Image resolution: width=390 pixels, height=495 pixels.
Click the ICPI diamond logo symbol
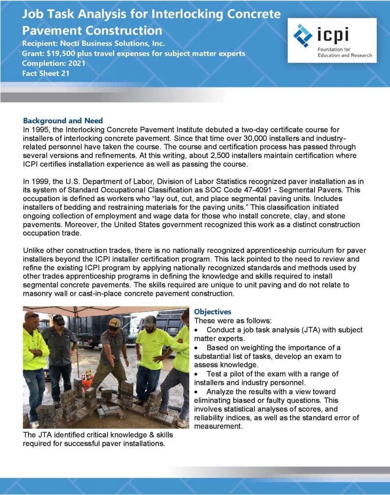pyautogui.click(x=303, y=35)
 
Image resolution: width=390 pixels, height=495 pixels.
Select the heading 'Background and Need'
pyautogui.click(x=63, y=120)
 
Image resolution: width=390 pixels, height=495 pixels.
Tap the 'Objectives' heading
pyautogui.click(x=212, y=312)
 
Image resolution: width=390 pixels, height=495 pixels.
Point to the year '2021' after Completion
pyautogui.click(x=78, y=63)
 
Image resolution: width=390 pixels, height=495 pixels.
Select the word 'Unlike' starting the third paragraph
pyautogui.click(x=34, y=250)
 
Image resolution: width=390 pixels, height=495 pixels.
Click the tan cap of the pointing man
pyautogui.click(x=114, y=322)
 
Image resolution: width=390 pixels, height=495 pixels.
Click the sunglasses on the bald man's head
pyautogui.click(x=32, y=316)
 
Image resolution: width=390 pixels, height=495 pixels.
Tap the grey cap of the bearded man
pyautogui.click(x=150, y=320)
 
